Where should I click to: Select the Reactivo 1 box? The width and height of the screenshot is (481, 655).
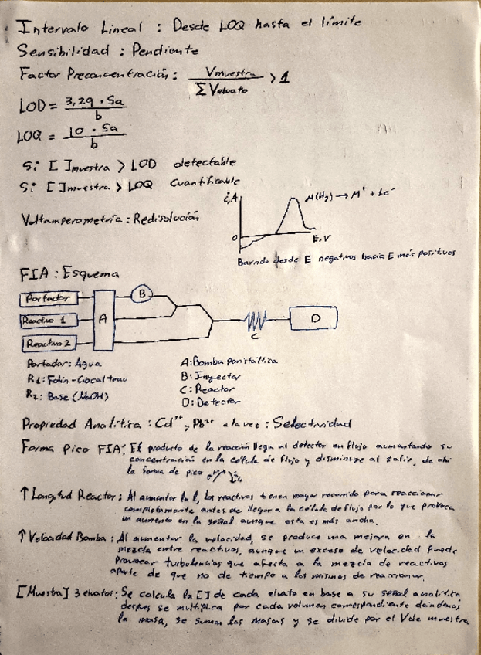(x=47, y=319)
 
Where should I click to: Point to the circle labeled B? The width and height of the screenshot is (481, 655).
(x=142, y=294)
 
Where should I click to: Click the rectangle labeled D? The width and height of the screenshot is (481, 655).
(x=314, y=318)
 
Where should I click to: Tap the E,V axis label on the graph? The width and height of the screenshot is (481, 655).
(x=321, y=239)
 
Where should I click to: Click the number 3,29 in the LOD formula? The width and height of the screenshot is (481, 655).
(x=83, y=100)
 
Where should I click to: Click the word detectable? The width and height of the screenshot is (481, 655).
(x=205, y=163)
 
